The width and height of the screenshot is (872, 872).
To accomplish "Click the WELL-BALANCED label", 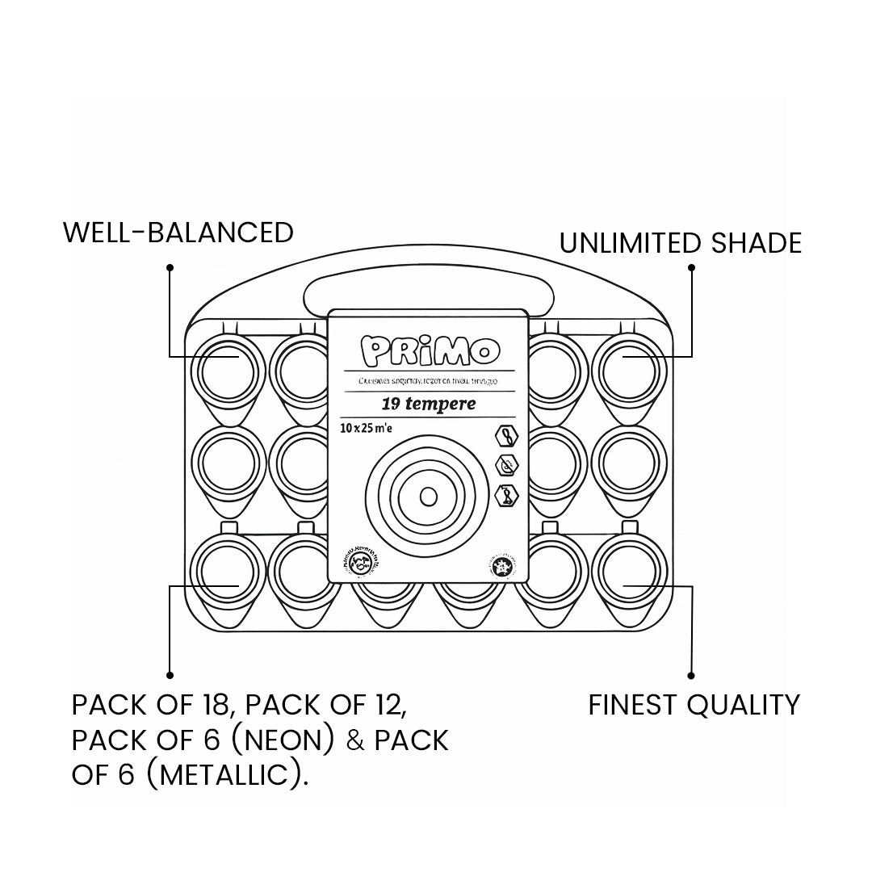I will [x=178, y=233].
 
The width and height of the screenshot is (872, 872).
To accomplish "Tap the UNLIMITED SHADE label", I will [x=681, y=243].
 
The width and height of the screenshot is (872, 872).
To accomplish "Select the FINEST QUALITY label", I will [x=694, y=705].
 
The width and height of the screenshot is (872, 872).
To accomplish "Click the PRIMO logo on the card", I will [x=429, y=350].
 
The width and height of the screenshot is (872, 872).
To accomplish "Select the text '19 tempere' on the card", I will [x=429, y=403].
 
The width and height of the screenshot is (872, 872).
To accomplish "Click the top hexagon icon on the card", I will [x=505, y=437].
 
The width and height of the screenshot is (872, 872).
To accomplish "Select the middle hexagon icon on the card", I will [x=505, y=466].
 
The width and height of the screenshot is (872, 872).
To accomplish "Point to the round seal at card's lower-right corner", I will [x=502, y=568].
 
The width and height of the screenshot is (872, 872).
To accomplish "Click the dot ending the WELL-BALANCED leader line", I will [x=170, y=266].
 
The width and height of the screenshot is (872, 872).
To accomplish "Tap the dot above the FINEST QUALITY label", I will [x=691, y=675].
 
